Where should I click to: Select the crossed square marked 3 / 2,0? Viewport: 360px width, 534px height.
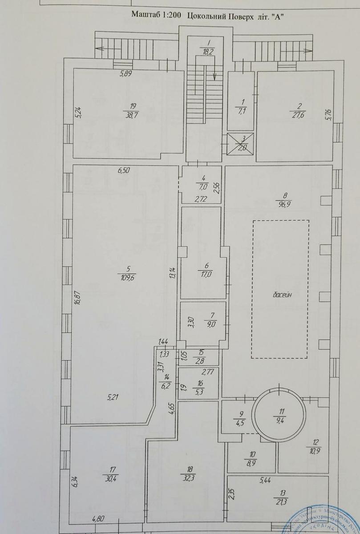coord(240,144)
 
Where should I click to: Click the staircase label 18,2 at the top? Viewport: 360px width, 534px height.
coord(207,51)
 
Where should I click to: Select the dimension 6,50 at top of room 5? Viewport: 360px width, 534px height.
coord(125,170)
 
